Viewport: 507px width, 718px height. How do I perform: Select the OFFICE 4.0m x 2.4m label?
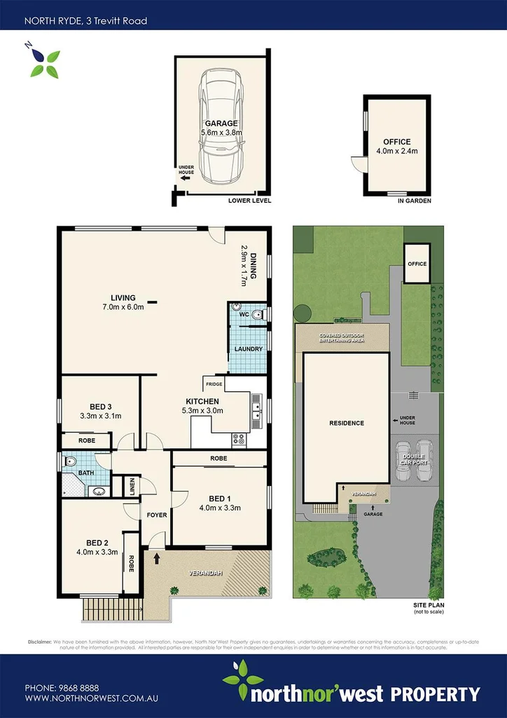tap(396, 146)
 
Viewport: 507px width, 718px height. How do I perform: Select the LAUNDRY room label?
tap(249, 349)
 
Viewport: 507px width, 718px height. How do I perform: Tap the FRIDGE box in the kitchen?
tap(214, 384)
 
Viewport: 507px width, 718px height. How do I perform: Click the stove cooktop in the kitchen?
tap(238, 440)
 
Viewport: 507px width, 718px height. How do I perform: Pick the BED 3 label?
tap(100, 411)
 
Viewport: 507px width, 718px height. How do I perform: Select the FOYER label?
tap(156, 515)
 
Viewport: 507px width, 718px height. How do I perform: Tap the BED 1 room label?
tap(220, 503)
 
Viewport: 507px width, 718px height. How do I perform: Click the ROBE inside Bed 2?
tap(131, 564)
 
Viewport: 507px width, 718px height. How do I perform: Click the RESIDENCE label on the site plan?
tap(347, 423)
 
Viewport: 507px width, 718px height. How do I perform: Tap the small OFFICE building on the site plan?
tap(417, 264)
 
